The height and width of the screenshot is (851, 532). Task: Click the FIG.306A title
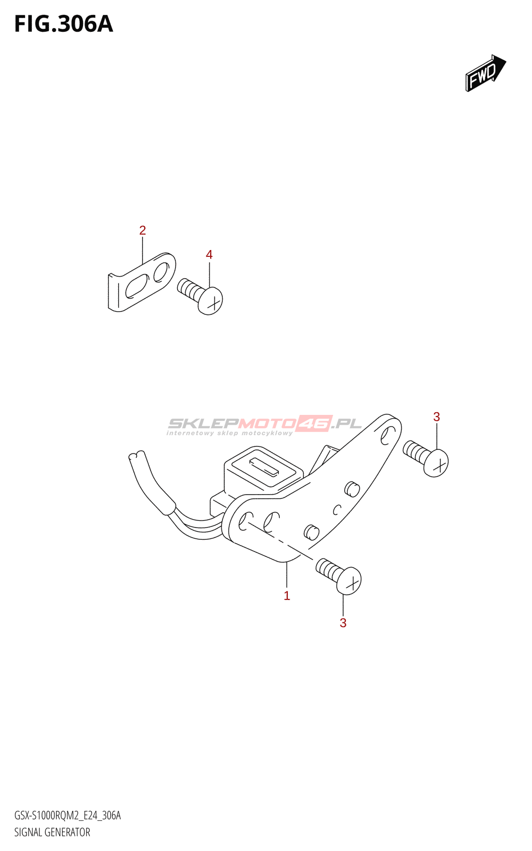[63, 24]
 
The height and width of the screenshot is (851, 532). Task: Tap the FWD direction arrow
[485, 73]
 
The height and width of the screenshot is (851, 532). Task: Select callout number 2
[142, 230]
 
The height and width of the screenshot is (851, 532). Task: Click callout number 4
[209, 255]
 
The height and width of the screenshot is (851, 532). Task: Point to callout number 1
[287, 596]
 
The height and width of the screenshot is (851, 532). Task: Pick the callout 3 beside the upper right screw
[436, 417]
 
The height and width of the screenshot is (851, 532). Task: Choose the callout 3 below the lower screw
[343, 623]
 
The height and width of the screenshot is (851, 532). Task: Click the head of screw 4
[211, 301]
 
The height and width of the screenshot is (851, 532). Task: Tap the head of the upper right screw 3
[437, 463]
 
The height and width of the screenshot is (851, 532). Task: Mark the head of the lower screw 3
[350, 581]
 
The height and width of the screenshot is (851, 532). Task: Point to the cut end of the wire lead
[137, 456]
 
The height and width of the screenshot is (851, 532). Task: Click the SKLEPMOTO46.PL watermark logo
[264, 423]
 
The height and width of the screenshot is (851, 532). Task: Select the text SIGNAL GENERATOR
[52, 832]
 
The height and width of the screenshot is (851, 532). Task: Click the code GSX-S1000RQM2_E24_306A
[68, 816]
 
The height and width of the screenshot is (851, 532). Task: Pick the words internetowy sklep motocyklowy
[229, 433]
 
